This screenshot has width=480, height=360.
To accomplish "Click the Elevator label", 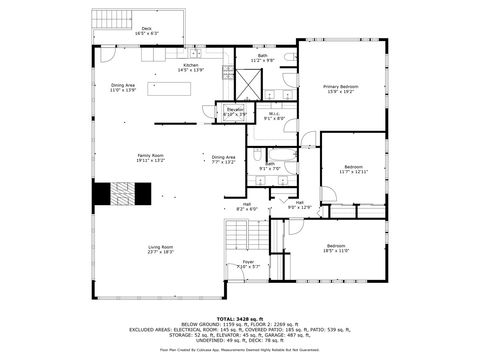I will click(235, 111).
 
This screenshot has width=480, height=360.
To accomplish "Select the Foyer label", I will click(248, 264).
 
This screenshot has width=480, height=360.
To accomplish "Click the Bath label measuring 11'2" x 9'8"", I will click(262, 58).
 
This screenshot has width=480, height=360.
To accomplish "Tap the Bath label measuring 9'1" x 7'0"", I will click(270, 166).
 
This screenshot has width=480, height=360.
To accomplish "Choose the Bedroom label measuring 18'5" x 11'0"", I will click(336, 248).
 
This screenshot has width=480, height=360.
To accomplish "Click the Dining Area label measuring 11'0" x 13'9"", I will click(123, 88).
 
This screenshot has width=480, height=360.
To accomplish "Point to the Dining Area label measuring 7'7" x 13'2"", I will click(223, 159).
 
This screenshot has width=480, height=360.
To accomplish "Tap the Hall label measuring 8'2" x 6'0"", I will click(246, 206).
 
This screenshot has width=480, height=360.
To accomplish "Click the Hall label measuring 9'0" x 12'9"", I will click(300, 204).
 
